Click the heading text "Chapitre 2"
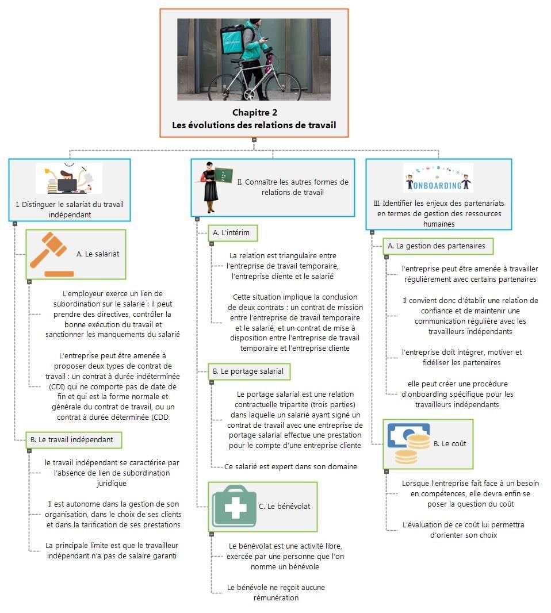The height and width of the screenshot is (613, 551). [254, 112]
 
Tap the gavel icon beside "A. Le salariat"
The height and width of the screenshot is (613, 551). [52, 254]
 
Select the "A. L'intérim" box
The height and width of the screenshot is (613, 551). [232, 233]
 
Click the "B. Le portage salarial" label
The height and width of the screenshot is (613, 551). [248, 371]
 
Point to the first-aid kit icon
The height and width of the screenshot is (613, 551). [234, 507]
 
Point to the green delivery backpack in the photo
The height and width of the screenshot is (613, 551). [233, 39]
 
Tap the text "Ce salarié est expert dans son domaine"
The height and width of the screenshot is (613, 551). [290, 466]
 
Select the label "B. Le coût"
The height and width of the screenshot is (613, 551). [450, 444]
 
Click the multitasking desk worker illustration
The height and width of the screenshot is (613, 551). [69, 178]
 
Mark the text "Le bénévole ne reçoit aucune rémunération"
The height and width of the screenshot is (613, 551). [276, 592]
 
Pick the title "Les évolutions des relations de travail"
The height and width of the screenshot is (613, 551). [254, 125]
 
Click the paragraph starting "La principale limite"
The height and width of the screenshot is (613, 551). [112, 550]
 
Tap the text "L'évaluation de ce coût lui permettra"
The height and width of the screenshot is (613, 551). [463, 530]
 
